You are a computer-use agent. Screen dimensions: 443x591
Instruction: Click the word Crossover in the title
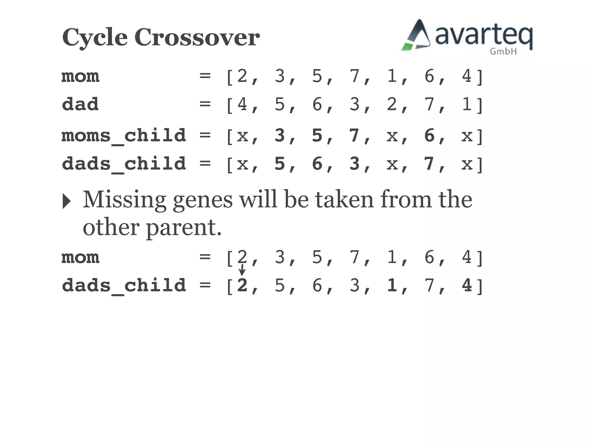(197, 37)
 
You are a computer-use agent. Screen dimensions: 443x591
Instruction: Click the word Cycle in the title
(95, 38)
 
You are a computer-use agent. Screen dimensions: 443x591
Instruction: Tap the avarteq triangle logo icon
(416, 36)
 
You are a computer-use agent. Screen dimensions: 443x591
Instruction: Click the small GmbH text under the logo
(503, 52)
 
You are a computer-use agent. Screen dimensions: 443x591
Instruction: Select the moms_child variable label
(124, 136)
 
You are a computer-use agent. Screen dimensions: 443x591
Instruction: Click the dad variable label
(80, 104)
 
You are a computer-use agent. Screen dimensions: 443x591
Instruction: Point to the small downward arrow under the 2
(242, 270)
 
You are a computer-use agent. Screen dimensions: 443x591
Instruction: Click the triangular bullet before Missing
(66, 201)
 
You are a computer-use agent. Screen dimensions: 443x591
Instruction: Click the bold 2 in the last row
(242, 285)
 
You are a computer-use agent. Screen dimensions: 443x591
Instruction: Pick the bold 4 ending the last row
(467, 285)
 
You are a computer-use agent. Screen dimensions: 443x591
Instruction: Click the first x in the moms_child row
(242, 136)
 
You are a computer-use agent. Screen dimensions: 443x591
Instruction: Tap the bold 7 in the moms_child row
(354, 135)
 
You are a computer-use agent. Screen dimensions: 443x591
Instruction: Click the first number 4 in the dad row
(242, 104)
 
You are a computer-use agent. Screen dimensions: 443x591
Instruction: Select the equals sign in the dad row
(205, 104)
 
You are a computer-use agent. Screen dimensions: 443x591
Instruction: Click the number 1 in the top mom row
(392, 76)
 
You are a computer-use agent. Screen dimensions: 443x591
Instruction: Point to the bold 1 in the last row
(392, 285)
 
